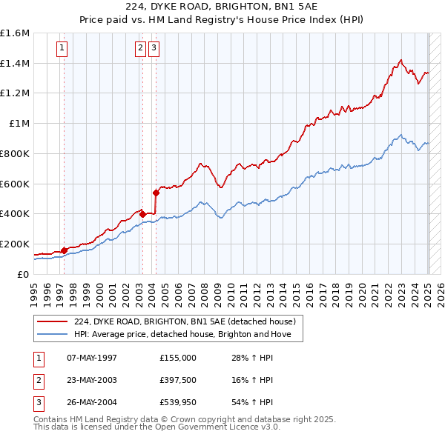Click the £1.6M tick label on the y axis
[x=15, y=33]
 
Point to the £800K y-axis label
[x=15, y=153]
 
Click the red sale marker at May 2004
[x=156, y=193]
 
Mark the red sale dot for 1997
[x=64, y=250]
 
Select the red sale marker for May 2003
[x=142, y=214]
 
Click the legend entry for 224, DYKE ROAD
[x=185, y=321]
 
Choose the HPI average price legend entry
[x=188, y=335]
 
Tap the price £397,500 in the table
[x=177, y=381]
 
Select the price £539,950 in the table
[x=177, y=404]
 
